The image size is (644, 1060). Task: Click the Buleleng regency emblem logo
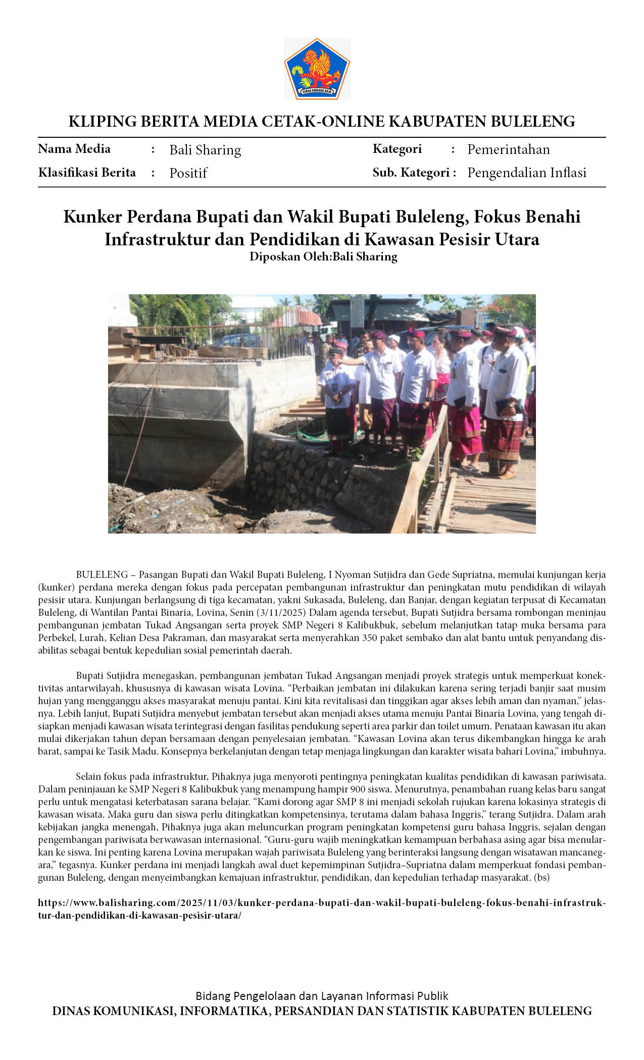point(317,69)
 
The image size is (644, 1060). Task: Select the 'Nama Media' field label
point(74,149)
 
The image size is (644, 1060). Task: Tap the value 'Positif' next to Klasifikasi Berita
point(188,173)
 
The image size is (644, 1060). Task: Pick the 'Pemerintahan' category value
point(508,149)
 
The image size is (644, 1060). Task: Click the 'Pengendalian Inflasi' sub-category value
point(526,173)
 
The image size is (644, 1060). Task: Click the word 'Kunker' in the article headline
point(92,217)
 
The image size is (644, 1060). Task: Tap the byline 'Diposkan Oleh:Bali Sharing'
point(323,256)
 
